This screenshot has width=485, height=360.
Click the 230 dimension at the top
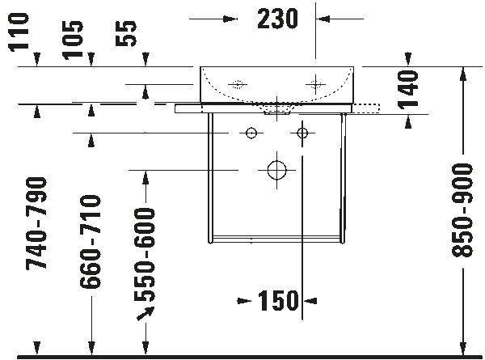click(276, 18)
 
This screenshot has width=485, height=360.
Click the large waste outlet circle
click(276, 170)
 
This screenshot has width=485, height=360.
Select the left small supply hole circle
click(251, 132)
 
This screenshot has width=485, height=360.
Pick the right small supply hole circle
click(302, 132)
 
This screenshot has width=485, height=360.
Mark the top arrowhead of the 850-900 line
click(462, 72)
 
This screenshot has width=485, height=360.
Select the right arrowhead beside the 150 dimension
click(308, 302)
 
